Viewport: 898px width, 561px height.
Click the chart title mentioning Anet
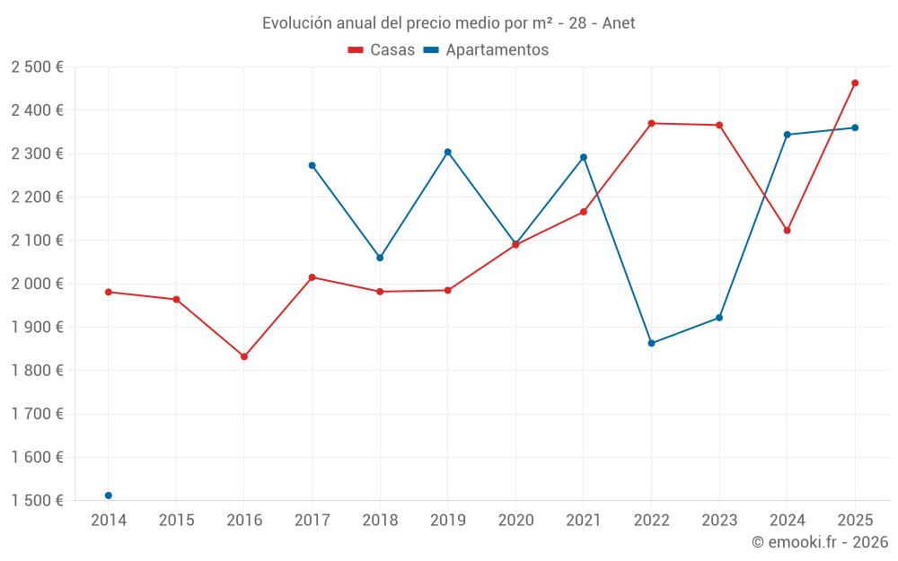click(448, 23)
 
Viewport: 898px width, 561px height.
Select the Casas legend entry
click(382, 50)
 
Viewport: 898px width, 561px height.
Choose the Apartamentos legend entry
click(486, 50)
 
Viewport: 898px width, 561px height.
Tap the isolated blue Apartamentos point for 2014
click(109, 495)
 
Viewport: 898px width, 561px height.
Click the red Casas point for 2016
click(244, 356)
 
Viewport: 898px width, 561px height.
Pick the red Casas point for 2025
click(855, 83)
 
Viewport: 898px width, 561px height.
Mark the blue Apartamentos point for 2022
click(651, 343)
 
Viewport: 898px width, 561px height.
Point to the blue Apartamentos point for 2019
click(448, 152)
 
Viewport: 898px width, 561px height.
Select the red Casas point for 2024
click(787, 231)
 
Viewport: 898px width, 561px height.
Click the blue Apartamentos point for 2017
click(312, 165)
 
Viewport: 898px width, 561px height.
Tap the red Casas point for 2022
click(651, 123)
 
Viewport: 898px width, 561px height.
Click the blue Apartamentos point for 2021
click(584, 157)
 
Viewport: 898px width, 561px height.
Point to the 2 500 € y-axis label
click(37, 67)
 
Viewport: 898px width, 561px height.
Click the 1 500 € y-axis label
click(37, 501)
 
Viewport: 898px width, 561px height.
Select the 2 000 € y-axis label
click(37, 284)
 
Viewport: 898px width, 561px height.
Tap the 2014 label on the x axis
click(109, 520)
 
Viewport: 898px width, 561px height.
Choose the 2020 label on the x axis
click(515, 520)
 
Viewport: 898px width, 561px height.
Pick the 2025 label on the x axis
click(855, 520)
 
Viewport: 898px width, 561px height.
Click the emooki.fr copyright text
click(820, 542)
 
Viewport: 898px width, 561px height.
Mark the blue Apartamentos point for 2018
click(380, 258)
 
